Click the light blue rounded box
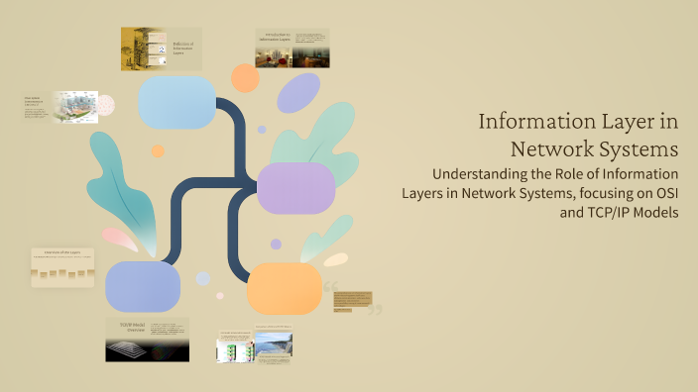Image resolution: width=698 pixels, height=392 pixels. click(x=177, y=102)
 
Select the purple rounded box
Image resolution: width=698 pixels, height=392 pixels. click(x=295, y=188)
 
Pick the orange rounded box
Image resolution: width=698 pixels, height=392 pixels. click(x=285, y=288)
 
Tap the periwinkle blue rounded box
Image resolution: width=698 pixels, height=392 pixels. click(x=143, y=286)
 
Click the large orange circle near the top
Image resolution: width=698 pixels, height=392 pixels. click(x=245, y=78)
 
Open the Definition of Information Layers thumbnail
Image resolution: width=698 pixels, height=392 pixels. click(x=161, y=49)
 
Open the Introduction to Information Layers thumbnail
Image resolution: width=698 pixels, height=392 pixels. click(x=291, y=49)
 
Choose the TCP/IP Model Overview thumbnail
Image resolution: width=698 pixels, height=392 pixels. click(x=147, y=340)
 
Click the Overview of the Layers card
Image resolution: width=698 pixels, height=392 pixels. click(x=62, y=267)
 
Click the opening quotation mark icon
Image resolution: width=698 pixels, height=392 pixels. click(x=330, y=288)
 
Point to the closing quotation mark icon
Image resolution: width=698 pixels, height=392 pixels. click(x=375, y=310)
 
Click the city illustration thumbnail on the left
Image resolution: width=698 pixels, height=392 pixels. click(x=74, y=107)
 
